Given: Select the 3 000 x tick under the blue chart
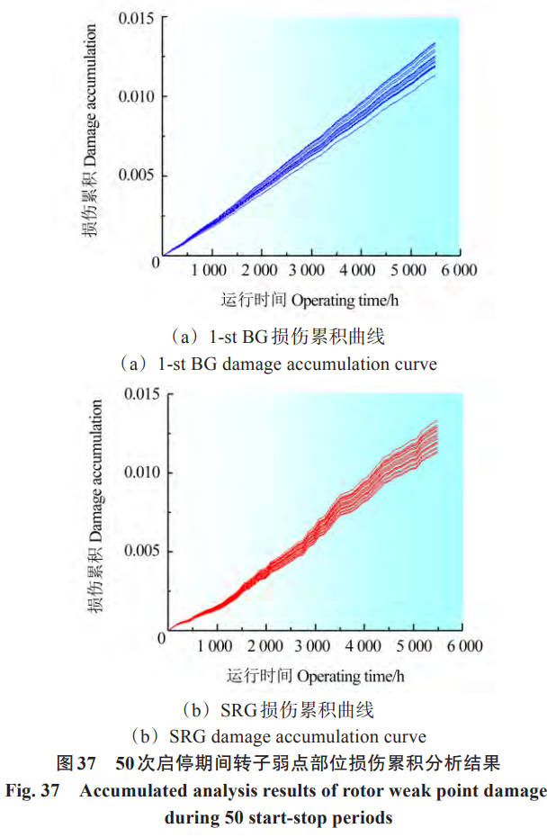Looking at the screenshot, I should click(x=308, y=270).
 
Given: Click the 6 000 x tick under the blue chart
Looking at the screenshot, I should click(x=457, y=270).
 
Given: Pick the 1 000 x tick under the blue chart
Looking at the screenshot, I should click(x=209, y=270).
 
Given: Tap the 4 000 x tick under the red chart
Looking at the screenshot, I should click(x=363, y=646).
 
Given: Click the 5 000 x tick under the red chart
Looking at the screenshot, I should click(x=413, y=646).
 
